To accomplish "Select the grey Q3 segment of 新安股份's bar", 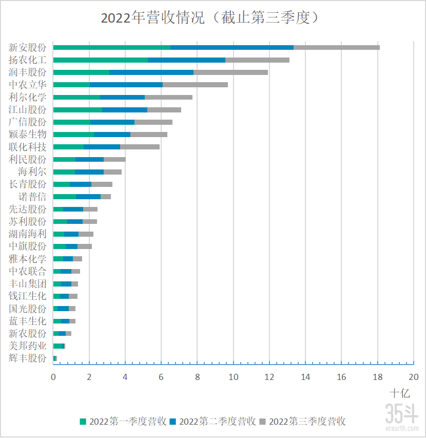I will pos(336,47).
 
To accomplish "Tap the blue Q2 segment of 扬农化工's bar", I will pos(186,60).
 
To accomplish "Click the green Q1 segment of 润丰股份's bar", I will pos(81,72).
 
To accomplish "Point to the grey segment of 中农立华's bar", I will pos(195,85).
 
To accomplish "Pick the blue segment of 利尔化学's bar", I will pos(122,97).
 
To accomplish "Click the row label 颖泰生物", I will pos(28,135).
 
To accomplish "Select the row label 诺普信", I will pos(32,197).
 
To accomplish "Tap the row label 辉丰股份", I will pos(28,358).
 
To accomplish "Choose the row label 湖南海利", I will pos(28,234).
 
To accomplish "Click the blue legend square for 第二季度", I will pos(173,422).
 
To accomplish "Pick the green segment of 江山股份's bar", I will pos(78,109).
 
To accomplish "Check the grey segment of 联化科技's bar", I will pos(140,147).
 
